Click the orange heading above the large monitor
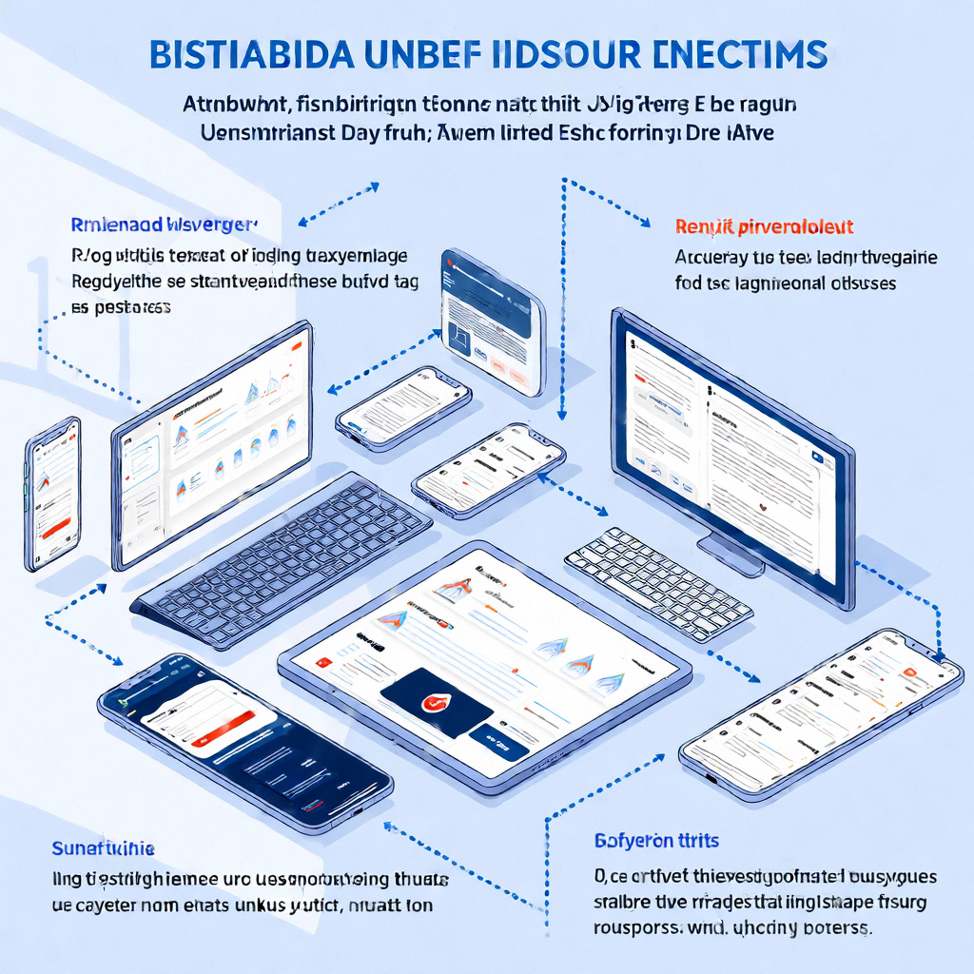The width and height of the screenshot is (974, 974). pos(764,227)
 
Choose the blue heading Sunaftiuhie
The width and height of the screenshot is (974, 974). pos(104,847)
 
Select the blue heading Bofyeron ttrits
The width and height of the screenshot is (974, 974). pos(656,841)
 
